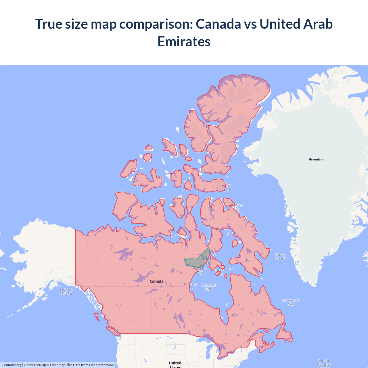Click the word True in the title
[x=48, y=24]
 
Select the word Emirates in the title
[x=184, y=41]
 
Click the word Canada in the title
[x=218, y=24]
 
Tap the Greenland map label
[x=317, y=159]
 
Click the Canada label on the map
[x=156, y=281]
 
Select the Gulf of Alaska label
[x=66, y=292]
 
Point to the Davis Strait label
[x=281, y=257]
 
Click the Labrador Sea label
[x=291, y=302]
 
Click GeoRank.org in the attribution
[x=11, y=365]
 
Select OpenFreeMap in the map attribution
[x=35, y=365]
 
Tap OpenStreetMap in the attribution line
[x=101, y=365]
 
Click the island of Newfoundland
[x=285, y=333]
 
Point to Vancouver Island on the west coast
[x=112, y=331]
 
